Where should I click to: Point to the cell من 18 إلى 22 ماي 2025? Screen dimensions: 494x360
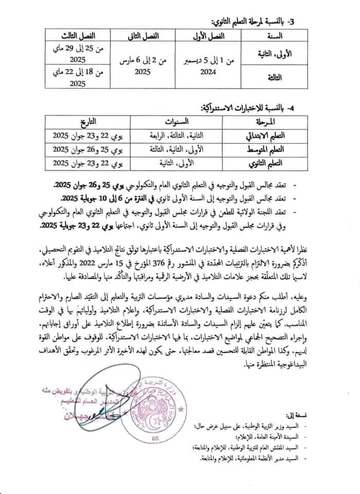78,78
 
